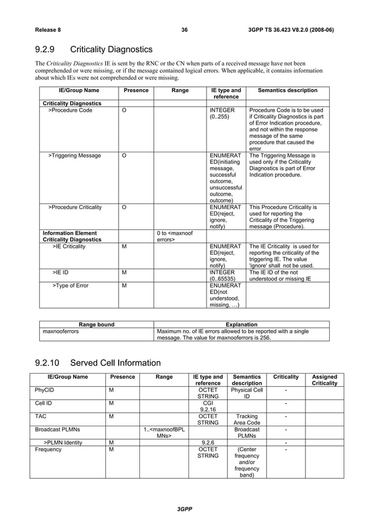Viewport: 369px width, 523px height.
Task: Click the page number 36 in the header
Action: [184, 30]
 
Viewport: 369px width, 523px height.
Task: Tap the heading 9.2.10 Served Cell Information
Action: [97, 363]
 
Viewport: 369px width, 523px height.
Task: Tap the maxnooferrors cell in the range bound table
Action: [61, 331]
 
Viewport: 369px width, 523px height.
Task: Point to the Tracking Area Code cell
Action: [247, 420]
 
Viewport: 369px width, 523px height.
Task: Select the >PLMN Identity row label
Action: [62, 443]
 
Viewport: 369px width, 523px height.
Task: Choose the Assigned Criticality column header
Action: [324, 380]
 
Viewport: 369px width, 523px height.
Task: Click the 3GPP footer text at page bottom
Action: [184, 509]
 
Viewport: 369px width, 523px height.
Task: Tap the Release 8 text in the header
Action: [50, 30]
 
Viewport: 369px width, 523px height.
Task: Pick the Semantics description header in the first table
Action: [287, 90]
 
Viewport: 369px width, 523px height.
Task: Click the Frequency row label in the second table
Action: [48, 450]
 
